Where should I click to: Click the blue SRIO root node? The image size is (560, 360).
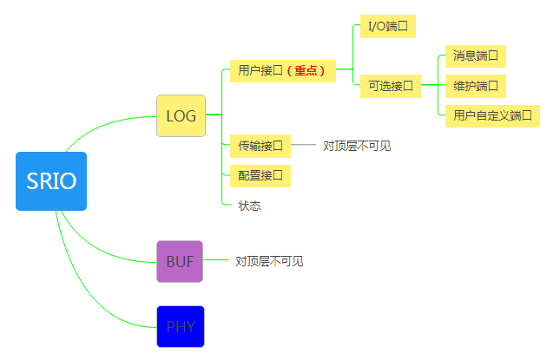[51, 181]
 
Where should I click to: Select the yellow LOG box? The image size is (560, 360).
[181, 115]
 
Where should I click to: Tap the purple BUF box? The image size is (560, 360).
[180, 261]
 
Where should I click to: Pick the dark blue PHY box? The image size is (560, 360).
[180, 326]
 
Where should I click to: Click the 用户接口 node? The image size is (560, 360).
[260, 71]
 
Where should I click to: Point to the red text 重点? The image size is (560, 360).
[309, 71]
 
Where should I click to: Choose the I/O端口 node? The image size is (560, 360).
[387, 26]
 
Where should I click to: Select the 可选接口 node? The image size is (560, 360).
[390, 86]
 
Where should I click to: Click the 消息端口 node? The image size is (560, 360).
[475, 56]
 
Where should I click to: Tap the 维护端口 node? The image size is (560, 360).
[475, 86]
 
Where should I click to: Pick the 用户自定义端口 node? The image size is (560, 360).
[492, 115]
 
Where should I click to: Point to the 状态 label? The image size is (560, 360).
[250, 206]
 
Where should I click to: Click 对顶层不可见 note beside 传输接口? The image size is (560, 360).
[357, 146]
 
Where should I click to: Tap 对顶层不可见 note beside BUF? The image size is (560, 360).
[269, 261]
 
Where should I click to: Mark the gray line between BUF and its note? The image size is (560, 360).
[216, 260]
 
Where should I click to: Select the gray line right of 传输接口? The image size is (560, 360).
[304, 146]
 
